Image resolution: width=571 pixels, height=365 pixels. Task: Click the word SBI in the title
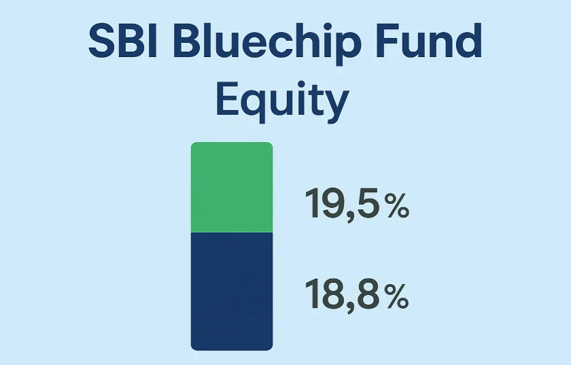(123, 40)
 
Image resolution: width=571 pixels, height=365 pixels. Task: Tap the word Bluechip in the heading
(267, 44)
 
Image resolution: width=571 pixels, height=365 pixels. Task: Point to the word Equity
(283, 99)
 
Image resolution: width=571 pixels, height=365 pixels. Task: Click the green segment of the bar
(232, 187)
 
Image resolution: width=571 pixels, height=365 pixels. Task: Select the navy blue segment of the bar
(232, 292)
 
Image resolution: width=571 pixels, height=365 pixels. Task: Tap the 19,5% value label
(357, 204)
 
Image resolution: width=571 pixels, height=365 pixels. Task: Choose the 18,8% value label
(357, 294)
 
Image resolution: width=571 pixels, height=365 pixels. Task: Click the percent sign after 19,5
(398, 205)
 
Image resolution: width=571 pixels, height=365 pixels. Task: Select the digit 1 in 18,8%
(312, 294)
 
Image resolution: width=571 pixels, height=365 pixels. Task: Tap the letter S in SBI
(103, 40)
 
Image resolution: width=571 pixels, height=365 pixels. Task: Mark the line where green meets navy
(232, 232)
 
